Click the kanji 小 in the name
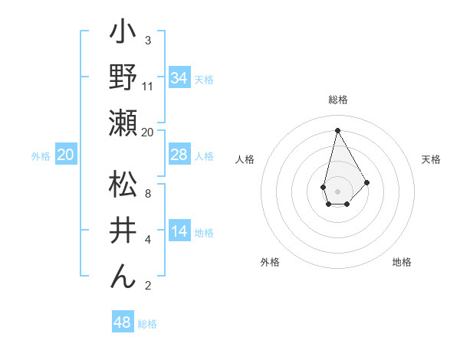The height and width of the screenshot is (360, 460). click(x=123, y=34)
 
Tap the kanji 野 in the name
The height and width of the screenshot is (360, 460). click(x=123, y=77)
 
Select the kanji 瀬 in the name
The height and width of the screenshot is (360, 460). click(x=123, y=123)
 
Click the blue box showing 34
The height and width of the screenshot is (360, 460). click(x=179, y=78)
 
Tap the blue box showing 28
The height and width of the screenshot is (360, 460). click(x=179, y=155)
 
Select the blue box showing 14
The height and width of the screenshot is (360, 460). click(x=179, y=232)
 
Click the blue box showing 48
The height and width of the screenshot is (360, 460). click(x=123, y=322)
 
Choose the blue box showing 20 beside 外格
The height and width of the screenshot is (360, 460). click(x=66, y=155)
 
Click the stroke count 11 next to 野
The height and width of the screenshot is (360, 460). click(x=148, y=87)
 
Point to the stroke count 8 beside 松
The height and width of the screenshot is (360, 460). click(x=148, y=194)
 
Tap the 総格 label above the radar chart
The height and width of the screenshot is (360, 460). click(x=338, y=100)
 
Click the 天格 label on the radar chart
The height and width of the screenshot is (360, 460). click(x=432, y=159)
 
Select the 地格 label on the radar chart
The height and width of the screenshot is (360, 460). click(x=402, y=262)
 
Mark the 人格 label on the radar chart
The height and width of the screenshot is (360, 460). click(x=245, y=159)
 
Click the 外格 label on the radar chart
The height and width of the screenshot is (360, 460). click(x=270, y=262)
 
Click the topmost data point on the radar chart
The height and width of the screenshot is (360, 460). click(x=337, y=129)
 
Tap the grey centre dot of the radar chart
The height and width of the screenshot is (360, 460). click(x=337, y=190)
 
